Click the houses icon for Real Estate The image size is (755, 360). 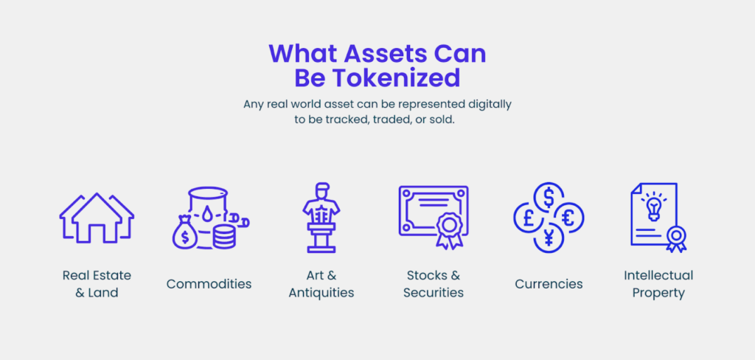tap(97, 218)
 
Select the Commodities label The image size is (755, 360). tap(209, 284)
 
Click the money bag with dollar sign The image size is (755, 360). tap(185, 233)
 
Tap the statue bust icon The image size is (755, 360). tap(321, 218)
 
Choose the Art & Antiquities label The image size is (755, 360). tap(321, 284)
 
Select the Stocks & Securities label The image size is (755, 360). tap(434, 284)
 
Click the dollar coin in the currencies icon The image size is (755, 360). tap(549, 198)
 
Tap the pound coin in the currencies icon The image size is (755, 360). tap(528, 218)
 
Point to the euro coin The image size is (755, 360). tap(568, 218)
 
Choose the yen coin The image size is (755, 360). tap(549, 238)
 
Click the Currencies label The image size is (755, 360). tap(549, 284)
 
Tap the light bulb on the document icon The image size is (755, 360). tap(653, 207)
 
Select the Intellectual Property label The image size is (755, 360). tap(658, 284)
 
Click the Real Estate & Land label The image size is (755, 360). tap(97, 284)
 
